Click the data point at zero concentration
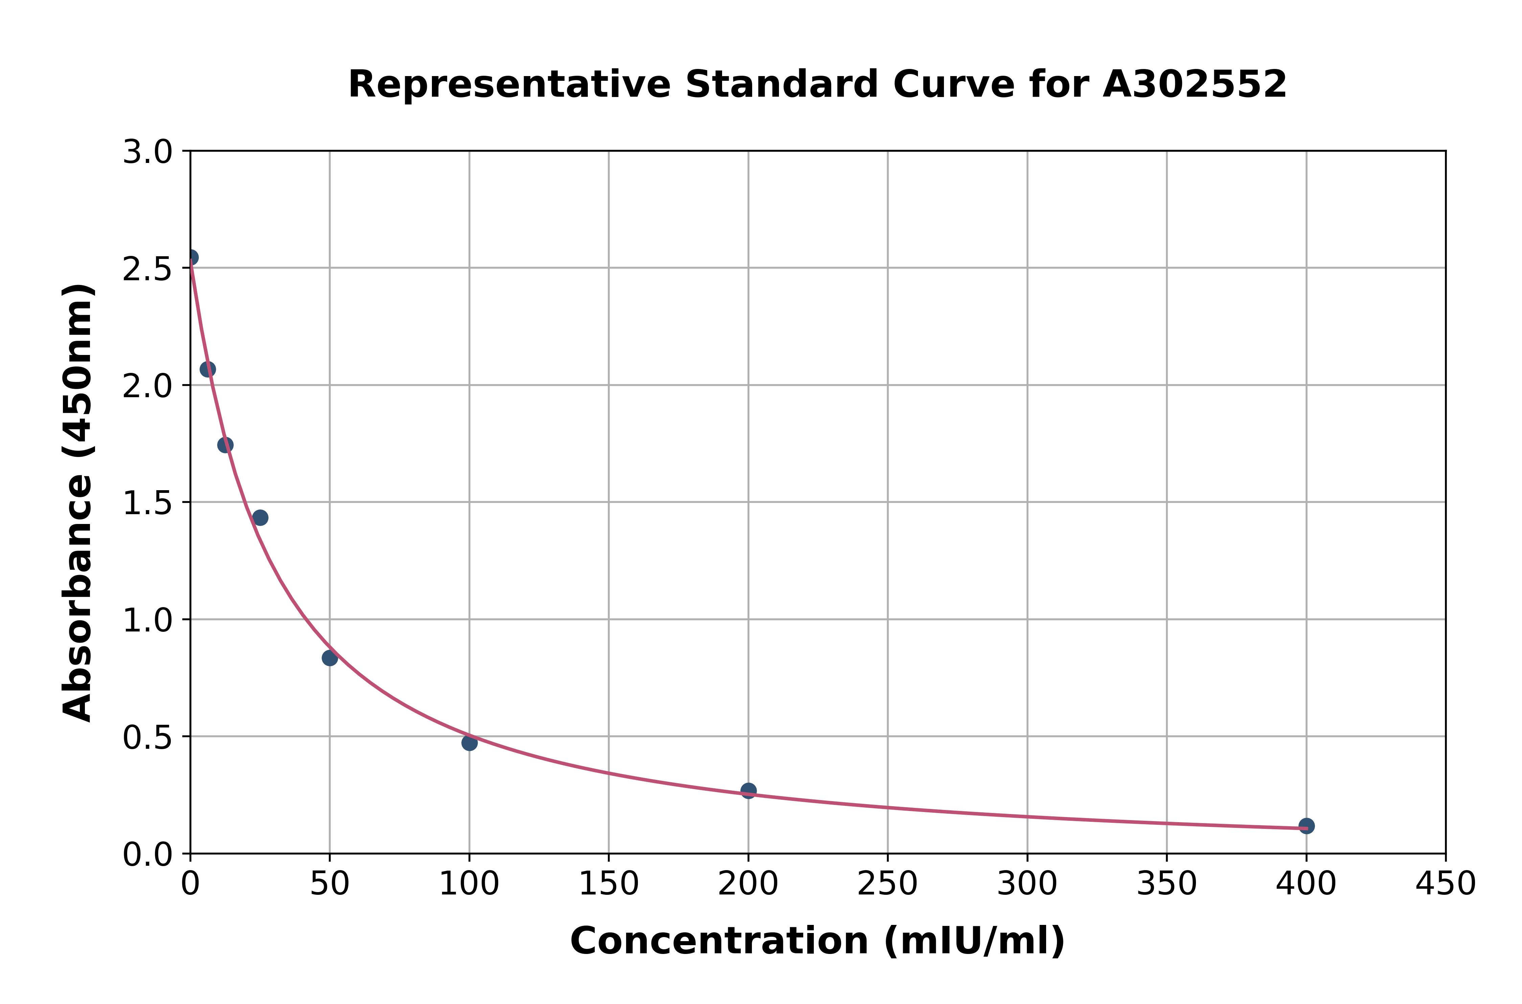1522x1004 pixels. coord(191,257)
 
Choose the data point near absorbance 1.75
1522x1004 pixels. coord(225,445)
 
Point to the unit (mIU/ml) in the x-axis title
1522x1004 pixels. coord(974,941)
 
